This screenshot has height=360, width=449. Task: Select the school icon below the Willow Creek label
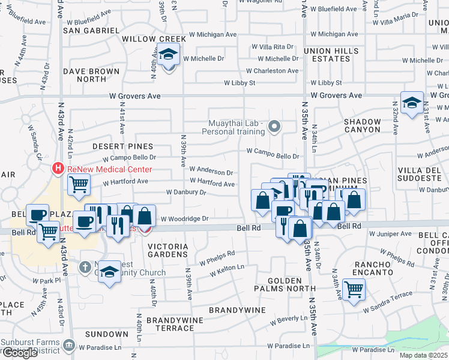[169, 55]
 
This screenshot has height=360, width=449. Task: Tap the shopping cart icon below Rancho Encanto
[354, 290]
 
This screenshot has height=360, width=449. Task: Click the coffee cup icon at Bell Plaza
[37, 215]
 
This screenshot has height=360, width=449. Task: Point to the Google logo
[20, 353]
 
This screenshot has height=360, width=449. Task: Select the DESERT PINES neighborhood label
[123, 146]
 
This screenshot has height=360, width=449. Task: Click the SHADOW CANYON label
[362, 125]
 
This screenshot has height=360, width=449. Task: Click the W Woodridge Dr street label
[184, 219]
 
